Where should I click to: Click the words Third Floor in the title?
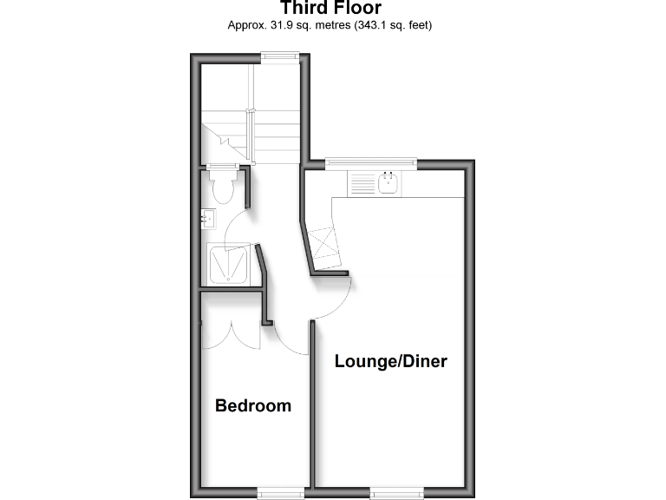(331, 9)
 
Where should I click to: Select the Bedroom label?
(253, 405)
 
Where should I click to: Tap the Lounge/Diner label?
(391, 361)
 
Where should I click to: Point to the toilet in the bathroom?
(223, 187)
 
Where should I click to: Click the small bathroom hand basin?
(208, 220)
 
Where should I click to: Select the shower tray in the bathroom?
(230, 265)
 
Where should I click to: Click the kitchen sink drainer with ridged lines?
(361, 183)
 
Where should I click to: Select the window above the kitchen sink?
(370, 162)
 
